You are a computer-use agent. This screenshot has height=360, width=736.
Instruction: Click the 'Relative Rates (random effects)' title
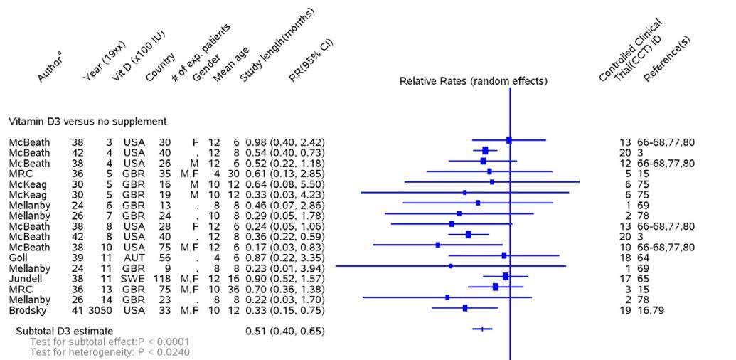[x=474, y=81]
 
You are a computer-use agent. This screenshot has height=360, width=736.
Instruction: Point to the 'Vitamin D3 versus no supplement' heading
[x=87, y=122]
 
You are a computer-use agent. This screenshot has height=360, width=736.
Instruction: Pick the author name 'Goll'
[x=18, y=255]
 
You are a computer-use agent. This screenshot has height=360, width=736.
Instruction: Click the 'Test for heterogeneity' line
[x=100, y=351]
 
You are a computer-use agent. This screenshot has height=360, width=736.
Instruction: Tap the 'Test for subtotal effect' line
[x=100, y=342]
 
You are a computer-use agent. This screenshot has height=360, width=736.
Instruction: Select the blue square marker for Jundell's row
[x=506, y=276]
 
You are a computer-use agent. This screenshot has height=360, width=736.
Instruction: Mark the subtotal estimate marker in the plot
[x=482, y=329]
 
